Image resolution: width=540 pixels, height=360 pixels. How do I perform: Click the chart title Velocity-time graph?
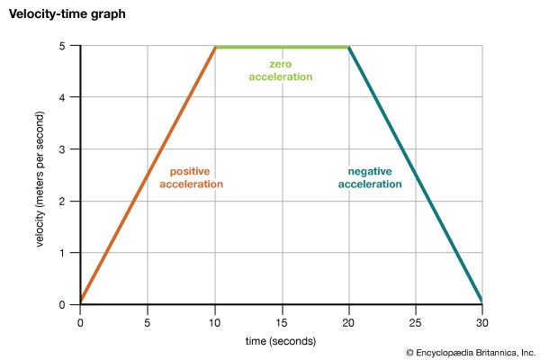pos(56,15)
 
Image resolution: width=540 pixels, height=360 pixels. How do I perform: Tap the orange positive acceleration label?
pos(191,177)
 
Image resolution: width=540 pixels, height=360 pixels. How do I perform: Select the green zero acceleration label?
pos(281,71)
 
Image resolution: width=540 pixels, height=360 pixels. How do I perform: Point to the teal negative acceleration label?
pos(370,177)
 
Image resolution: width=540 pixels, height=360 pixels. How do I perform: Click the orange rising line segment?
pos(148,175)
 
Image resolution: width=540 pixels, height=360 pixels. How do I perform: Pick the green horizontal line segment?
pos(282,47)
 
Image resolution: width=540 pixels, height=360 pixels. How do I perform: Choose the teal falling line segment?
pos(416,175)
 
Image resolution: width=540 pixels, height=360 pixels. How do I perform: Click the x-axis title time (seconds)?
pos(281,341)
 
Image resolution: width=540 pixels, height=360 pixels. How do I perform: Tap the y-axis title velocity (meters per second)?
pos(42,175)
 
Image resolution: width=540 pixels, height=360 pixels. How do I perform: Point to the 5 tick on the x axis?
pos(148,320)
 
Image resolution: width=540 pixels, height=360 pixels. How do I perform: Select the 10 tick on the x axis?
pos(215,320)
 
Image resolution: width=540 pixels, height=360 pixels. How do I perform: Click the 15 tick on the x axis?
pos(282,320)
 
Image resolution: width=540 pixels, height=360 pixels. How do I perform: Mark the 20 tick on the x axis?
pos(349,320)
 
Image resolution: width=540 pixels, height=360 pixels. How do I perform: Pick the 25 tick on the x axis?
pos(416,320)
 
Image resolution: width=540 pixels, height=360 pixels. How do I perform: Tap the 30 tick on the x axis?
pos(482,320)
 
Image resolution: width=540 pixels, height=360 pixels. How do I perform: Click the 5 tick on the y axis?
pos(65,46)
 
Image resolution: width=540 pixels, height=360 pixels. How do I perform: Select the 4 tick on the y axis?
pos(65,97)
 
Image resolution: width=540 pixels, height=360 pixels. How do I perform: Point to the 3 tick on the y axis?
pos(65,149)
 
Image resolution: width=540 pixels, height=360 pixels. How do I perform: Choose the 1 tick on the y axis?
pos(65,253)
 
